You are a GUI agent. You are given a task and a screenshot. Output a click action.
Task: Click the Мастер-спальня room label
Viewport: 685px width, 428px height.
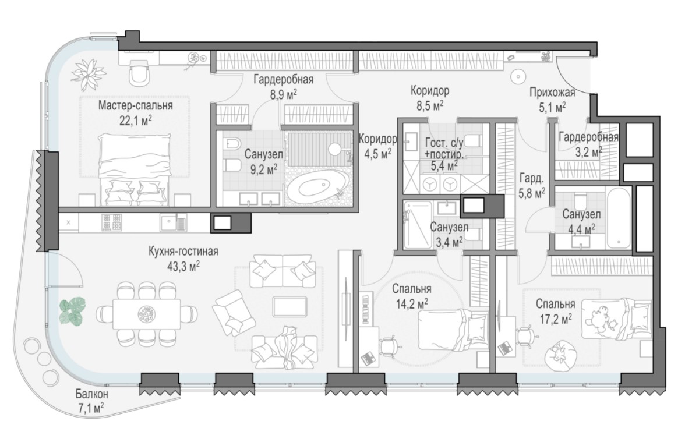135,105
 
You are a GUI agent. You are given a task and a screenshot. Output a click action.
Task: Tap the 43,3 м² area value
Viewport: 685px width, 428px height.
183,266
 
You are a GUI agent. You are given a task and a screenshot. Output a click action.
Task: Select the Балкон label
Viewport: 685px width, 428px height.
92,394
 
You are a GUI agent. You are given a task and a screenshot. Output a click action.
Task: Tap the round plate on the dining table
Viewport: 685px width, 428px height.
146,313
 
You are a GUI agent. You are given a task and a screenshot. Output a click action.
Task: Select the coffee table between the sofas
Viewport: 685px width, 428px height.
289,306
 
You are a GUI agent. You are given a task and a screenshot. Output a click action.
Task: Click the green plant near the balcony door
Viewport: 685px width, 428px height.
72,310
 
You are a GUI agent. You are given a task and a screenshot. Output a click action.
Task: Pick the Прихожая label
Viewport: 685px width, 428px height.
552,92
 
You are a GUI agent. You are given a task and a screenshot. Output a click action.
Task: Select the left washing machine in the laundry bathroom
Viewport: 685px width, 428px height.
431,184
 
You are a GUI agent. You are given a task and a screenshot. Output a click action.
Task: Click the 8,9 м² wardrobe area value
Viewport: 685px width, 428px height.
284,94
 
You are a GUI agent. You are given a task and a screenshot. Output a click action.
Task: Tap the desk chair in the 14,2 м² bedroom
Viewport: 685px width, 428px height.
389,345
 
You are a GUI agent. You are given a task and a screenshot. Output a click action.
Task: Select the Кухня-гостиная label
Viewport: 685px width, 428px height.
183,252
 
